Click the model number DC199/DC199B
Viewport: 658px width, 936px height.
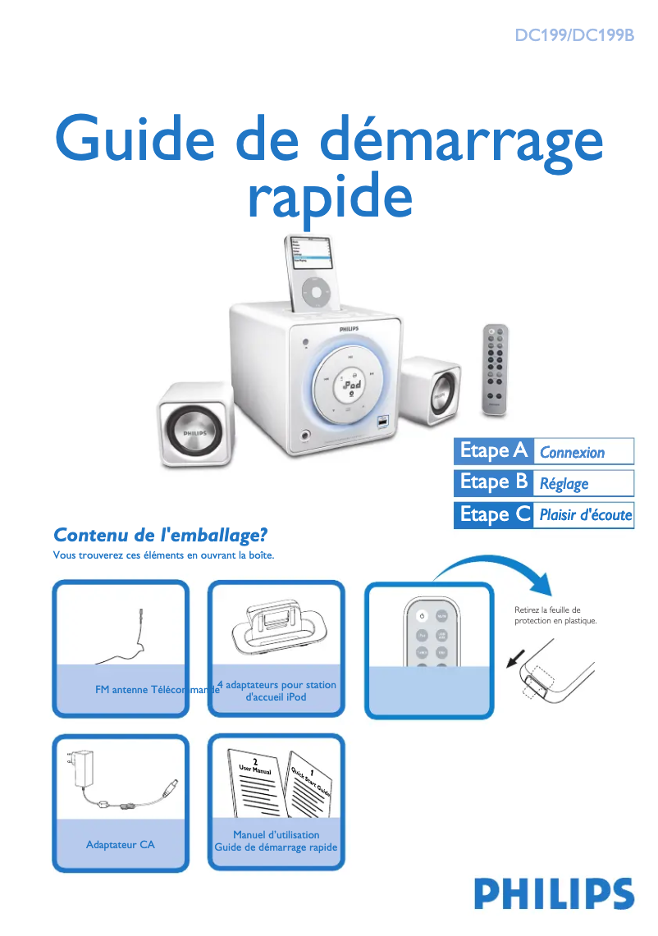[x=573, y=36]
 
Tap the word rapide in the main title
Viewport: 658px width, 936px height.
[x=329, y=196]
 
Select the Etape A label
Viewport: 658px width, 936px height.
[x=493, y=451]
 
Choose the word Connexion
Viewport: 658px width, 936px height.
[x=572, y=452]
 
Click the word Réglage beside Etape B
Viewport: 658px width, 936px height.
[x=564, y=483]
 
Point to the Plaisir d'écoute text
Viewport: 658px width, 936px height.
[x=585, y=515]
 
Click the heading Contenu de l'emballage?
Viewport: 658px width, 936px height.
[x=161, y=535]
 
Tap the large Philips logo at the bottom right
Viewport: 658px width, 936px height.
[x=554, y=893]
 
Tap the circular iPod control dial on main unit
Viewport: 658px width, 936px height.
[x=351, y=384]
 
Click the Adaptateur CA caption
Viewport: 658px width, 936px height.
[x=120, y=844]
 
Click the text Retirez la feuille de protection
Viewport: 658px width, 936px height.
[x=555, y=615]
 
